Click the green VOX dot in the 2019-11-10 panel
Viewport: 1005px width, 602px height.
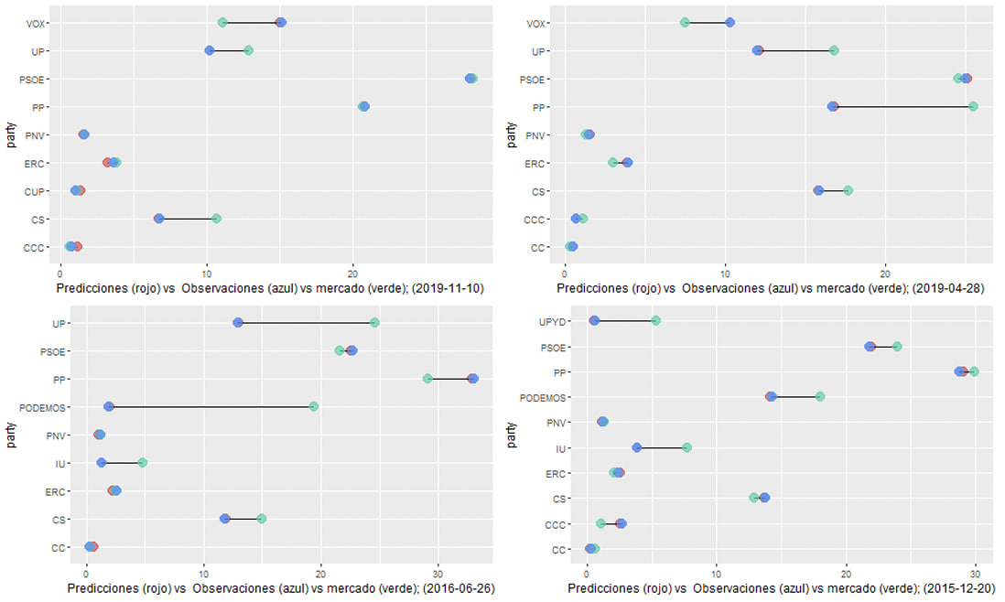(222, 22)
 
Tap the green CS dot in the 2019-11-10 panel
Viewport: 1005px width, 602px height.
(216, 219)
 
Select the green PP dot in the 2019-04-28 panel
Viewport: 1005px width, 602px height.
(973, 107)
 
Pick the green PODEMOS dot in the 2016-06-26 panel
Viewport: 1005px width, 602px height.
(314, 406)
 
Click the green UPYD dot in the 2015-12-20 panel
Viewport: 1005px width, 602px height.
(655, 320)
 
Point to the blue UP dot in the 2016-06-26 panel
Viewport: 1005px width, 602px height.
(238, 323)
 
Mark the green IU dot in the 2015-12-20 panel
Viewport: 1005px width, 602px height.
(686, 447)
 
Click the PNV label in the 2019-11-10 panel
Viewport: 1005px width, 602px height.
(38, 135)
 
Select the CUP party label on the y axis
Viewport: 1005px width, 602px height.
(38, 191)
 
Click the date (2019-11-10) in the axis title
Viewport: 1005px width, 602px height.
(449, 288)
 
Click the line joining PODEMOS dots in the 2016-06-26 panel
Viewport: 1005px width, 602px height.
(211, 406)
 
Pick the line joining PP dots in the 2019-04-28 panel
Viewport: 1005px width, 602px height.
(902, 107)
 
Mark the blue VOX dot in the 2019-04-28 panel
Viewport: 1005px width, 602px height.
(729, 22)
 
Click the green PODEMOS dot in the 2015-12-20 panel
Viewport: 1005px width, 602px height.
(820, 396)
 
